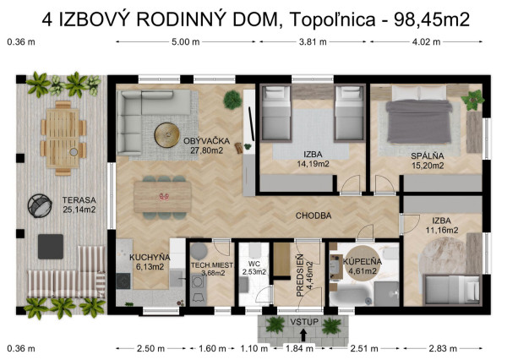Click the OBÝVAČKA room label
(x=203, y=140)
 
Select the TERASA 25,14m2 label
(x=79, y=205)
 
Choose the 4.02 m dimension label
(x=431, y=41)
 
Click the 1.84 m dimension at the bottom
(x=300, y=348)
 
